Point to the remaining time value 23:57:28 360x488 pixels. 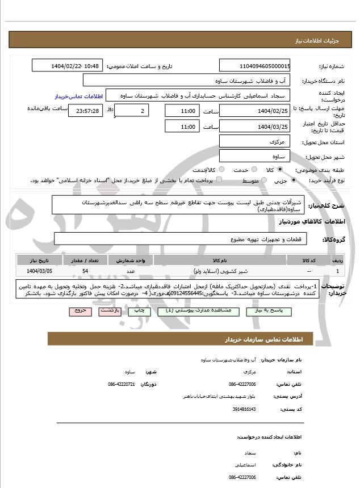[86, 111]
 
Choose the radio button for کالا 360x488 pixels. [279, 169]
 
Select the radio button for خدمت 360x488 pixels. [254, 169]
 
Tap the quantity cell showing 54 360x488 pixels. [85, 271]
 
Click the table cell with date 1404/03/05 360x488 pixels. [38, 271]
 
